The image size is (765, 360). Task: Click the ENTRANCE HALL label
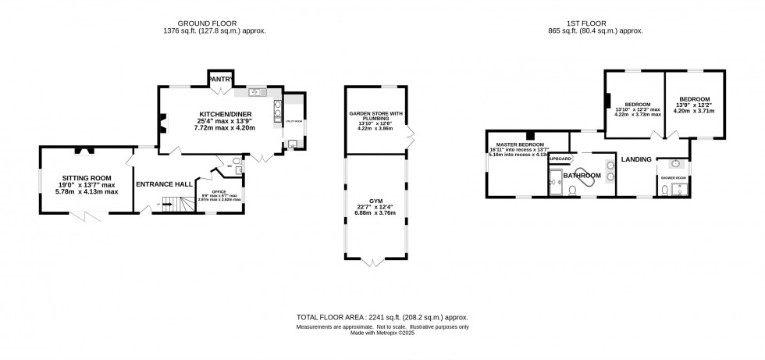coord(164,184)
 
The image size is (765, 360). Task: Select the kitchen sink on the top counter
coord(254,93)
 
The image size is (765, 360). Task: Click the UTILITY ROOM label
coord(294,122)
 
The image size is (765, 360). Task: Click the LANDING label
coord(636,159)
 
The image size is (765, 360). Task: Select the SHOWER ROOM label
coord(674,178)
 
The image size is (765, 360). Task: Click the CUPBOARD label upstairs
coord(559,159)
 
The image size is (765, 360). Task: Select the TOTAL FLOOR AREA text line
coord(382,319)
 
